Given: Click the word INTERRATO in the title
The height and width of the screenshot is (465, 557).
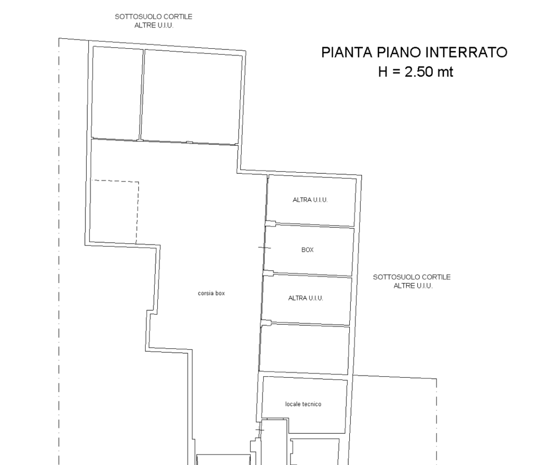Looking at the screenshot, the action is [x=466, y=52].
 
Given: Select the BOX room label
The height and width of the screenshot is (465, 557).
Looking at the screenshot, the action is [x=307, y=249].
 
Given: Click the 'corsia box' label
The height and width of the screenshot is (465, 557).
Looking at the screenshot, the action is [x=212, y=293].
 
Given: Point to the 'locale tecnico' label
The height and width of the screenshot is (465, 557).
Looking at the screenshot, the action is [x=303, y=404].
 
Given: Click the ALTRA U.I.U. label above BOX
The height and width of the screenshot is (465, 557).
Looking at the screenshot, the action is [x=310, y=200].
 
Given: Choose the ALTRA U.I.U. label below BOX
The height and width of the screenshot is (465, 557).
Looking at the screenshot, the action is [x=306, y=298].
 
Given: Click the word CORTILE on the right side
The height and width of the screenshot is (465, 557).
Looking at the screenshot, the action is [x=436, y=277].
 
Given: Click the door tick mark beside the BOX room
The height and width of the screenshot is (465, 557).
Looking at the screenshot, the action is [x=264, y=248].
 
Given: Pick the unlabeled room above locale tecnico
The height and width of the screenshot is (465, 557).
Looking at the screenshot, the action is [x=304, y=350].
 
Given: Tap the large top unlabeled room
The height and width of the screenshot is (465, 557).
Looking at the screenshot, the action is [x=191, y=97].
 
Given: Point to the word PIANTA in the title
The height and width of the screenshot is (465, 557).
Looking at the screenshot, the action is [x=347, y=52].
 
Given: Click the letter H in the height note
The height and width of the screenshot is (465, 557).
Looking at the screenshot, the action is [x=383, y=72].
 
